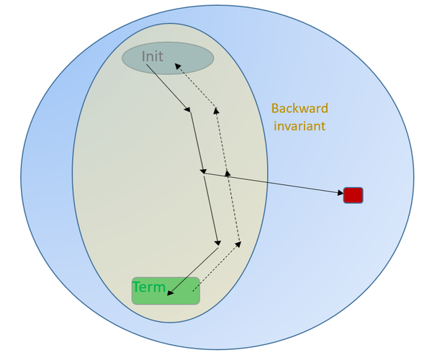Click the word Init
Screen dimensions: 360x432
click(153, 56)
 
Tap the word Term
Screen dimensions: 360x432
click(149, 287)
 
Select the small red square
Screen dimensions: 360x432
click(353, 195)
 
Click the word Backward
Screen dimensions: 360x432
click(300, 109)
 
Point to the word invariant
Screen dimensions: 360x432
click(298, 125)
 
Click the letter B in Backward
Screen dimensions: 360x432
click(275, 109)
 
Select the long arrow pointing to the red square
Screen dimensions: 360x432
click(274, 183)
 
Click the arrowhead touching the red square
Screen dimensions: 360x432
click(339, 192)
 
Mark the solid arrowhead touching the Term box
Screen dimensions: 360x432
click(170, 291)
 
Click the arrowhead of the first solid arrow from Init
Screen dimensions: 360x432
click(189, 109)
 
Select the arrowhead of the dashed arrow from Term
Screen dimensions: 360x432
click(238, 245)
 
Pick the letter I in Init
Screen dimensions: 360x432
click(143, 56)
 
